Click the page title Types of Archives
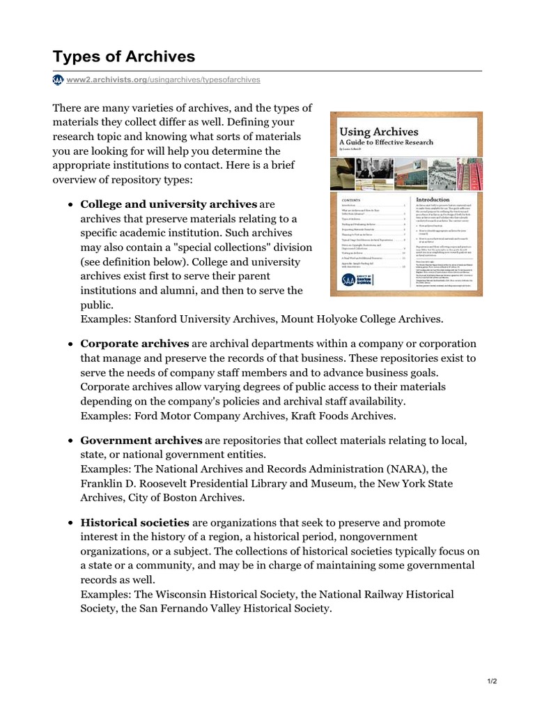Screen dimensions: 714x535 (x=124, y=56)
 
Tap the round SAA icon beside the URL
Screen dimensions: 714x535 (x=58, y=80)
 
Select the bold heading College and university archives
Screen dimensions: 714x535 (x=169, y=204)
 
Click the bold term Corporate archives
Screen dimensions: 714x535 (x=134, y=344)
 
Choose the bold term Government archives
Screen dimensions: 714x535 (x=141, y=441)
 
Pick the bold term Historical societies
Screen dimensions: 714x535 (x=134, y=522)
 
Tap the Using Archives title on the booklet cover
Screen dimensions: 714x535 (x=369, y=131)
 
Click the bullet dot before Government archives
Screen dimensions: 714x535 (x=71, y=441)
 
